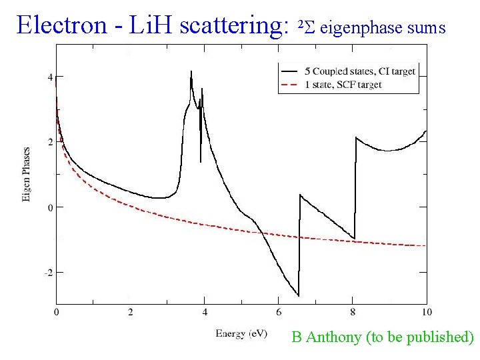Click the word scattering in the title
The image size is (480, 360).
coord(234,25)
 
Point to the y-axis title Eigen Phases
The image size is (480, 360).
coord(27,175)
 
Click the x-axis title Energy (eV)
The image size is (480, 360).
coord(241,333)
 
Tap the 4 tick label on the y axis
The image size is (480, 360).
coord(50,77)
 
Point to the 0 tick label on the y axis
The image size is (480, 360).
coord(50,207)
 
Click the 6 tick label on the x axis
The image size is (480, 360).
coord(279,312)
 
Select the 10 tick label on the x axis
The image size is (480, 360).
coord(427,312)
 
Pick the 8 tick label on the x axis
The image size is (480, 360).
coord(353,312)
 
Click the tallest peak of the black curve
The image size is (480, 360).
coord(191,71)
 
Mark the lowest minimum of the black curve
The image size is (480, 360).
coord(298,295)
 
